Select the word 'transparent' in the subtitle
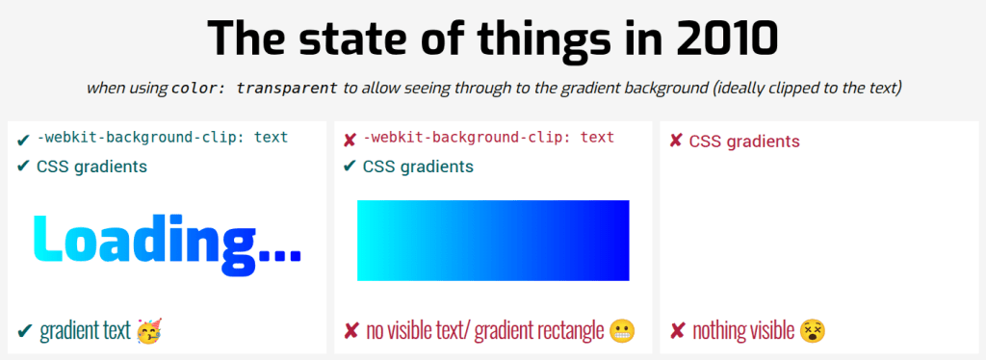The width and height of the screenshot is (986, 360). click(287, 88)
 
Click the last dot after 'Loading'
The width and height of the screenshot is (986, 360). click(295, 255)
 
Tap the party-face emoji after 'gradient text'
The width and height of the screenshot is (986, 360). click(149, 330)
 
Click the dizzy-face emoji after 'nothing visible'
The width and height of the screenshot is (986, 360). click(813, 330)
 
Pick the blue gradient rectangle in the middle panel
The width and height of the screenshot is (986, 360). click(493, 241)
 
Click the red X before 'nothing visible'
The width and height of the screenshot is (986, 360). click(678, 330)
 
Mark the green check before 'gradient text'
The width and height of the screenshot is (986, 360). click(25, 330)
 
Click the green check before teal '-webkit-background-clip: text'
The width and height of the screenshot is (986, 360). click(24, 139)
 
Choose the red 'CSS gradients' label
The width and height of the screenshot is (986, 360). click(744, 141)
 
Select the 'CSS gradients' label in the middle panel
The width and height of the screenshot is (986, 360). click(418, 167)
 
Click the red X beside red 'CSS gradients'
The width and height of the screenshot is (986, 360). click(676, 141)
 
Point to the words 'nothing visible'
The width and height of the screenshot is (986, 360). click(744, 330)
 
